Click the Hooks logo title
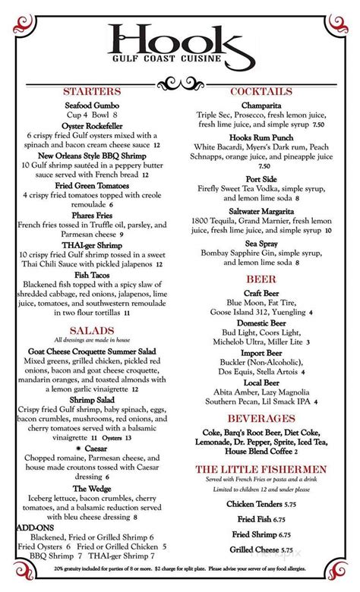(x=179, y=43)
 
